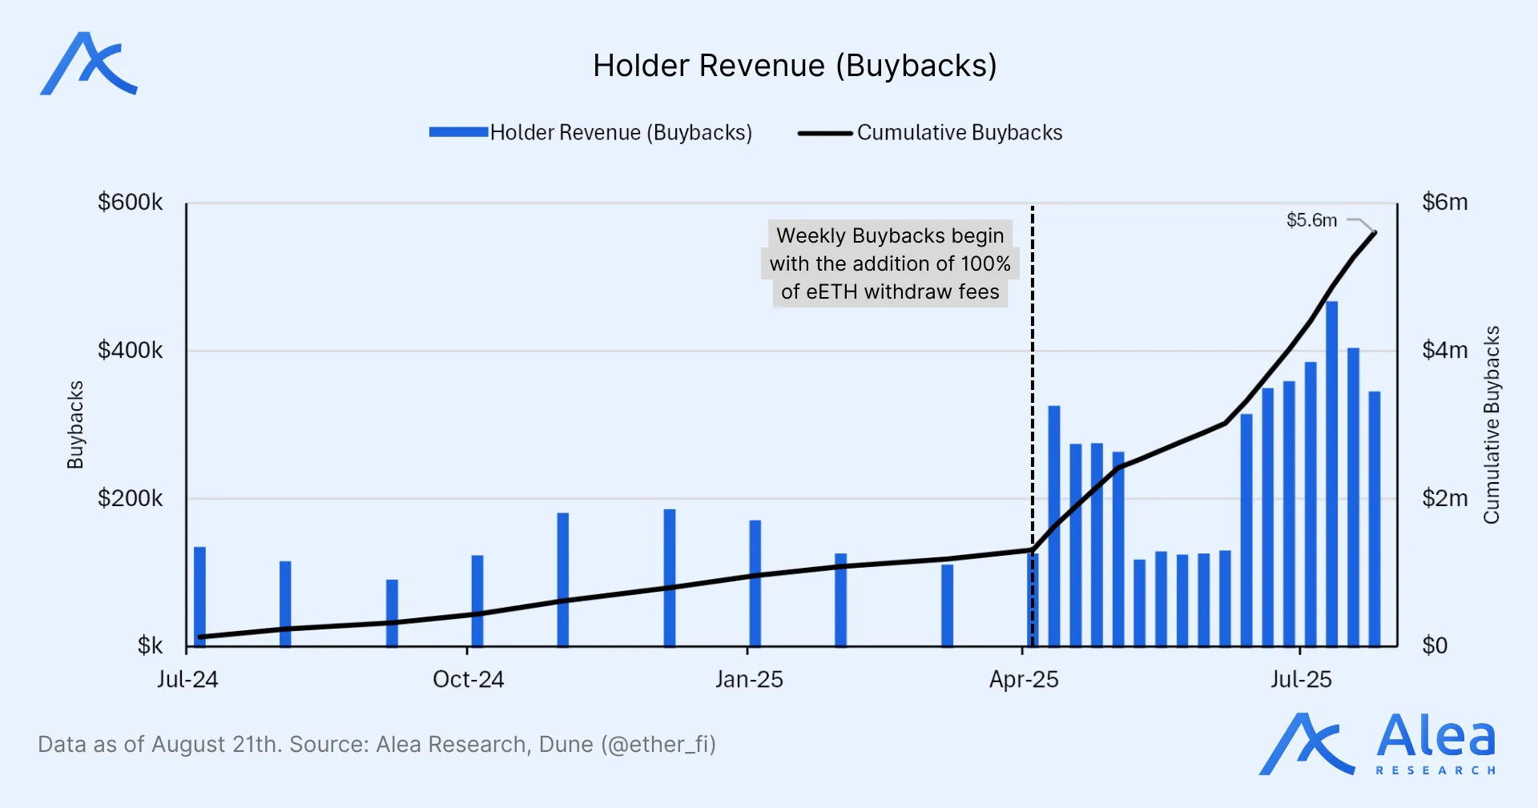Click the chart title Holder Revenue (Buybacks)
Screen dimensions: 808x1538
click(795, 66)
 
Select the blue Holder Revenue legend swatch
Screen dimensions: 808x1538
click(458, 132)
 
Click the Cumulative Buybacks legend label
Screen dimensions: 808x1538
click(959, 132)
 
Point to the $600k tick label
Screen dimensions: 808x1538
click(130, 202)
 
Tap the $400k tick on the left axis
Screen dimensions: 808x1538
click(130, 350)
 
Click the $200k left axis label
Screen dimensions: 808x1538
click(130, 498)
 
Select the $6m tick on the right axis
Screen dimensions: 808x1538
click(1444, 202)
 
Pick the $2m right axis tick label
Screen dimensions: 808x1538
click(1444, 498)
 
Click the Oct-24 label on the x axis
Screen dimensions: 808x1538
click(468, 680)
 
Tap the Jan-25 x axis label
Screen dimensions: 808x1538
click(748, 680)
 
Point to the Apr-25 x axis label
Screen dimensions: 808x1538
click(1023, 680)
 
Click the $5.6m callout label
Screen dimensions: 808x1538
click(1311, 220)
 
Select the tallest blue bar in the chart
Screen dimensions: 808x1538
click(1331, 472)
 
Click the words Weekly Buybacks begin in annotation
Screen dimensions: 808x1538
click(889, 235)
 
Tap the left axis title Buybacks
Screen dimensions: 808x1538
click(75, 424)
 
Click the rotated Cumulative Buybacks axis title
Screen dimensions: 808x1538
click(1491, 424)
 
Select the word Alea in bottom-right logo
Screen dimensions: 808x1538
click(1435, 737)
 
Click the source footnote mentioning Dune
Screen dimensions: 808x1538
click(376, 745)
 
